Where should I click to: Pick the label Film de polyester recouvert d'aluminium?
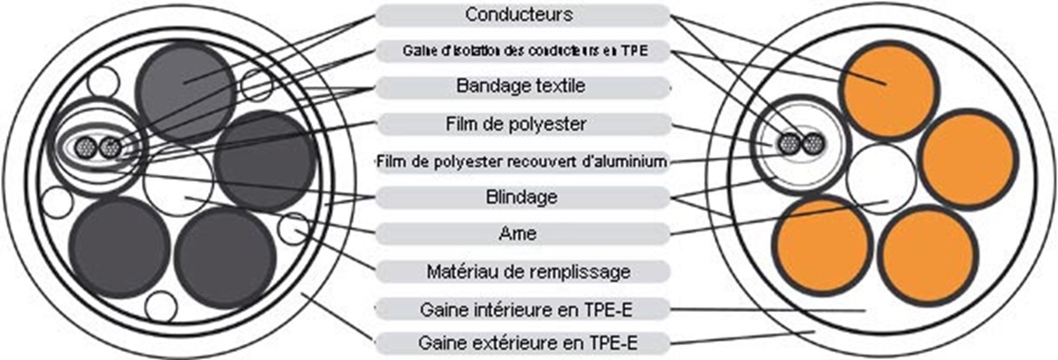tap(522, 161)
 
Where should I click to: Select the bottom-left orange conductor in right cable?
tap(823, 244)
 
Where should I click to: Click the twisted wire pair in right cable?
tap(801, 144)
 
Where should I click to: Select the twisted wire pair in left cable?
tap(99, 147)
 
